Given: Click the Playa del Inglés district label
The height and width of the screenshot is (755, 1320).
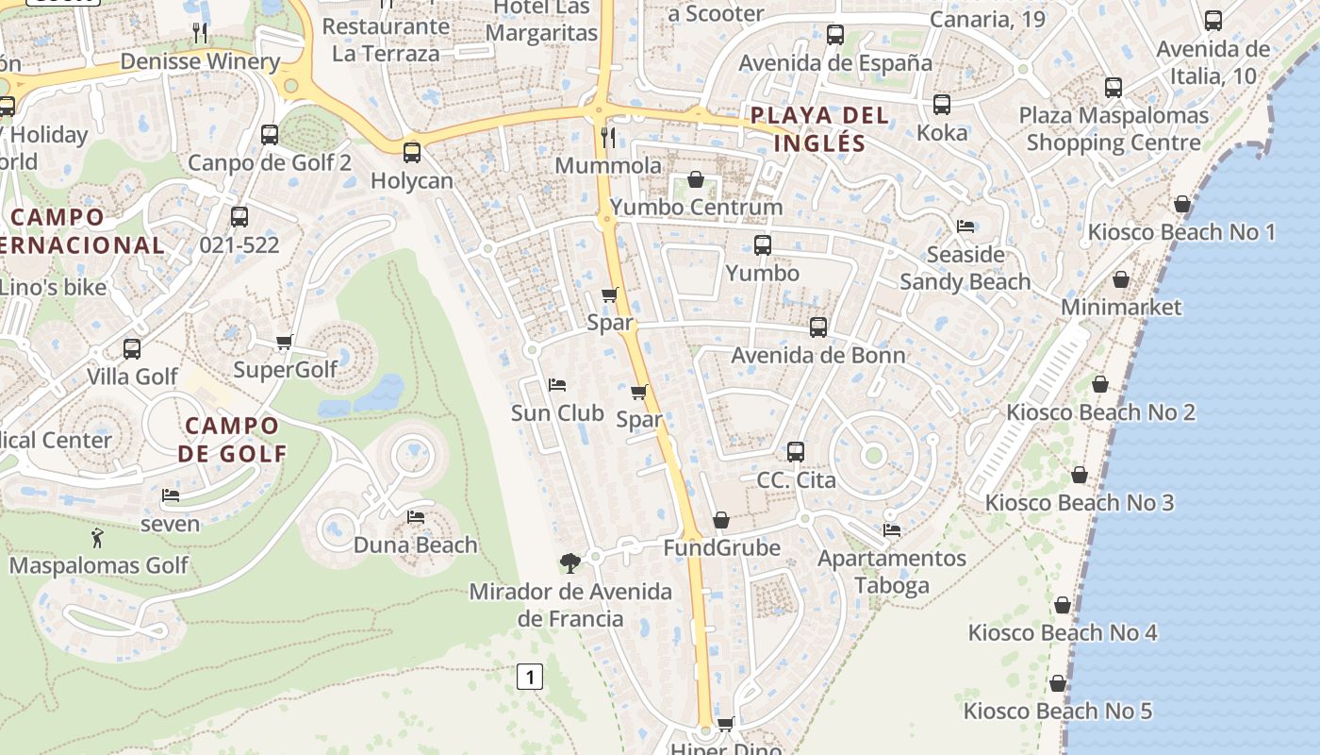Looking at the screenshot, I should pyautogui.click(x=818, y=129).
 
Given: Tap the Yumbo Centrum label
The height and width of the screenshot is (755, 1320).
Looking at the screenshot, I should pyautogui.click(x=697, y=207).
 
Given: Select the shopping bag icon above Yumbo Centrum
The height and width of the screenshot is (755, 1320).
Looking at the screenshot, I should pyautogui.click(x=696, y=179).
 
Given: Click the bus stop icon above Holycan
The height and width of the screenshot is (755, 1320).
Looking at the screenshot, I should pyautogui.click(x=411, y=153).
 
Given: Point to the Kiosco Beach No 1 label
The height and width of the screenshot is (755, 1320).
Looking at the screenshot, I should pyautogui.click(x=1181, y=232).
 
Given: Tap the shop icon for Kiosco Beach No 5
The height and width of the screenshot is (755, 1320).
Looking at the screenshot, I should pyautogui.click(x=1058, y=683).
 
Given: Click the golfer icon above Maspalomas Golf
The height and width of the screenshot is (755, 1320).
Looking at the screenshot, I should pyautogui.click(x=97, y=539).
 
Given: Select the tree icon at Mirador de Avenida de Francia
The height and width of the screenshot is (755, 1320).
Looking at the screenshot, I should pyautogui.click(x=569, y=563).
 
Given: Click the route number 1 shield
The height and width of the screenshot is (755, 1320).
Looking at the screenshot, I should pyautogui.click(x=531, y=677).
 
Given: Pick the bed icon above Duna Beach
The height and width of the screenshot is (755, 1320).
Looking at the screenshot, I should pyautogui.click(x=415, y=517).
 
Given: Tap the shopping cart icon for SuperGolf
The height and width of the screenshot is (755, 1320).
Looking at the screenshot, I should pyautogui.click(x=284, y=342).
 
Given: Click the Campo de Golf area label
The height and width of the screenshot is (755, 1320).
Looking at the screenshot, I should pyautogui.click(x=232, y=439).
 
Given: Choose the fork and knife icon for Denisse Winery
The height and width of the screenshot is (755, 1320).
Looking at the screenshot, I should pyautogui.click(x=200, y=34).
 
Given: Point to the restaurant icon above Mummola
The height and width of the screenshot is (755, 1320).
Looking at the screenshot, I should pyautogui.click(x=608, y=138).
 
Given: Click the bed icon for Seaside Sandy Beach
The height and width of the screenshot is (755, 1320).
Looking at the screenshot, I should pyautogui.click(x=965, y=226).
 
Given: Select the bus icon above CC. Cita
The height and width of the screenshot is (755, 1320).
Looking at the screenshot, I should pyautogui.click(x=796, y=452).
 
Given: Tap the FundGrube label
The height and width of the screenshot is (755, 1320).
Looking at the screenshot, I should pyautogui.click(x=721, y=547).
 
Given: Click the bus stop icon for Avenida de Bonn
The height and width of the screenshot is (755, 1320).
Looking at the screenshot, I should pyautogui.click(x=818, y=327).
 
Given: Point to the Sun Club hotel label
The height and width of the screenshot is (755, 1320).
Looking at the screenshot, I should pyautogui.click(x=557, y=412).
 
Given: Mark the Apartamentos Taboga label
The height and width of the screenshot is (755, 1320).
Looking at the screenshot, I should pyautogui.click(x=892, y=571).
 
